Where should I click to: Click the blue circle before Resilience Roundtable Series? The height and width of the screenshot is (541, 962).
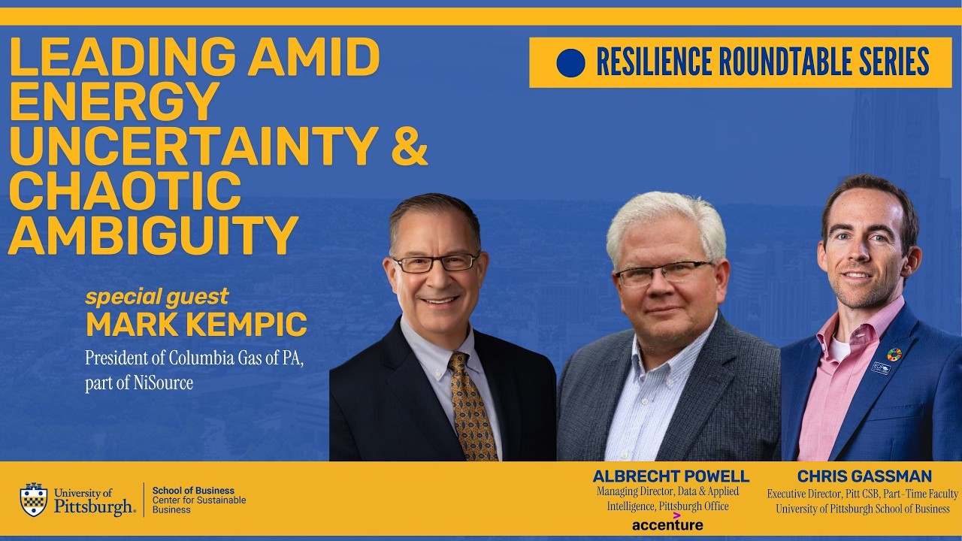[570, 63]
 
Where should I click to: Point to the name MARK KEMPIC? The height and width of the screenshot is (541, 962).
[196, 325]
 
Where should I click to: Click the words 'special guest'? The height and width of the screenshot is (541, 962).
[156, 296]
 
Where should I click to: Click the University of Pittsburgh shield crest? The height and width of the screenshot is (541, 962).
[34, 500]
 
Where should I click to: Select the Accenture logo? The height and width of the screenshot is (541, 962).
[667, 523]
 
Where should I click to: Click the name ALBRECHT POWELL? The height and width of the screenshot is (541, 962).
[670, 476]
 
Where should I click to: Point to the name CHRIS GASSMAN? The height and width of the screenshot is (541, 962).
[864, 476]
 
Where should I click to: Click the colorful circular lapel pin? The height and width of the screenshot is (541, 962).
[894, 354]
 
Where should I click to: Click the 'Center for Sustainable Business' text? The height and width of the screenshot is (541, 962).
[199, 505]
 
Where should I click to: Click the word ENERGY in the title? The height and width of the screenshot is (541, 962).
[113, 101]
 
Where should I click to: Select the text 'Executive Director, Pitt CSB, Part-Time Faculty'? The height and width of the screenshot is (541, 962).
[863, 494]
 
